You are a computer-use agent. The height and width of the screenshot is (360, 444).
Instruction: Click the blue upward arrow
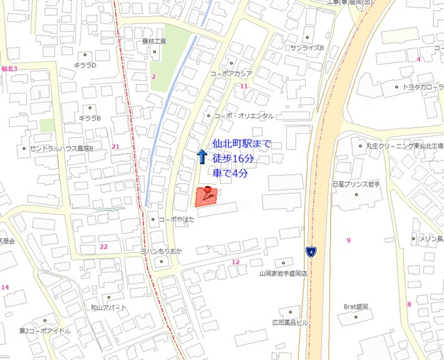pyautogui.click(x=202, y=157)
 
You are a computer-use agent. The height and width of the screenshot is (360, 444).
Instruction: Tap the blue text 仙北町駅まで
pyautogui.click(x=242, y=145)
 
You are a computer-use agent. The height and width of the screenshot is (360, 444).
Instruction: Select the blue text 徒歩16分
pyautogui.click(x=233, y=158)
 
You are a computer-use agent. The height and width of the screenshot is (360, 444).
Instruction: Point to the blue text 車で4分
pyautogui.click(x=230, y=173)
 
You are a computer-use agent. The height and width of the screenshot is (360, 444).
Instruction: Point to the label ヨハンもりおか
pyautogui.click(x=161, y=250)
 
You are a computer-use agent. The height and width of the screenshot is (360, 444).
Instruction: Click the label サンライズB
pyautogui.click(x=306, y=48)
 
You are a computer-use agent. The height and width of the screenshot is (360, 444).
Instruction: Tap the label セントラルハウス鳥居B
pyautogui.click(x=61, y=149)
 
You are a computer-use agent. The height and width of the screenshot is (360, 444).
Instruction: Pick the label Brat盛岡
pyautogui.click(x=356, y=307)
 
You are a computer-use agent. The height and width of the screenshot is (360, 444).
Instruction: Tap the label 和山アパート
pyautogui.click(x=108, y=307)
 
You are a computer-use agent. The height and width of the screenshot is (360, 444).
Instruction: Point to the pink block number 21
pyautogui.click(x=115, y=147)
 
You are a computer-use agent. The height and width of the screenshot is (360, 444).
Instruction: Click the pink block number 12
pyautogui.click(x=235, y=262)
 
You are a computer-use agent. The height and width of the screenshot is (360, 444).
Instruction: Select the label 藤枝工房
pyautogui.click(x=154, y=42)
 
